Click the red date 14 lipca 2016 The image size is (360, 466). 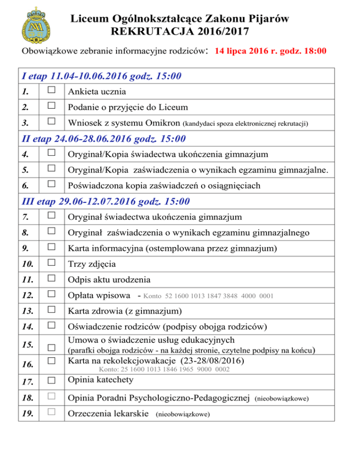[x=247, y=51]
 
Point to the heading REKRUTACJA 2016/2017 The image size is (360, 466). [x=178, y=32]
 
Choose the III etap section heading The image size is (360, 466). [x=106, y=202]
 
